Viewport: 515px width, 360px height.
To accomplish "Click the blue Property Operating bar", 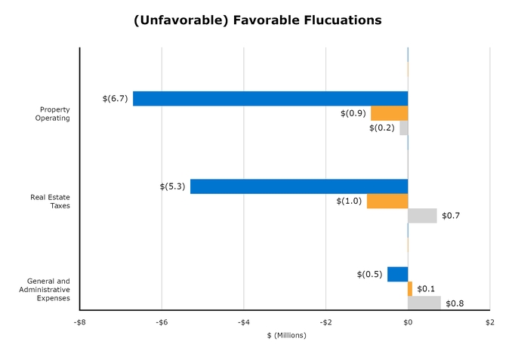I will pyautogui.click(x=270, y=99).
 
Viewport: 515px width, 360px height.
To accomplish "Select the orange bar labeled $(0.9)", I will pyautogui.click(x=390, y=113).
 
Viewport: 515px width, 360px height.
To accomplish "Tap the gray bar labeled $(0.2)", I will pyautogui.click(x=404, y=128).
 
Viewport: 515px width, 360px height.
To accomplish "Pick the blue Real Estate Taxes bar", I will pyautogui.click(x=299, y=186).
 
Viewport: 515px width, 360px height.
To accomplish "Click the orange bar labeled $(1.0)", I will pyautogui.click(x=387, y=201).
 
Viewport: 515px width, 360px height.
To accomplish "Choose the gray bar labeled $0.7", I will pyautogui.click(x=422, y=216).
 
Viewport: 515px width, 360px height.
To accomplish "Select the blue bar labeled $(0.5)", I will pyautogui.click(x=397, y=274).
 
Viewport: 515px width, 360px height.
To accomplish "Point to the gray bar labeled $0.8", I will pyautogui.click(x=424, y=303).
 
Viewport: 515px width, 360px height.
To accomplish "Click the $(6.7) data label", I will pyautogui.click(x=115, y=99).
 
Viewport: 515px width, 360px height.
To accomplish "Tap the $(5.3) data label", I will pyautogui.click(x=172, y=186).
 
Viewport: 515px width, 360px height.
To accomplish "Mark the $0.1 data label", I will pyautogui.click(x=426, y=289).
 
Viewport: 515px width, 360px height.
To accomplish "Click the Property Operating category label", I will pyautogui.click(x=54, y=114).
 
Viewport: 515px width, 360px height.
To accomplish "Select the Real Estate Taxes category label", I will pyautogui.click(x=50, y=202).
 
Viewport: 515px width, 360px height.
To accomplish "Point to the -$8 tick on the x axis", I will pyautogui.click(x=79, y=323).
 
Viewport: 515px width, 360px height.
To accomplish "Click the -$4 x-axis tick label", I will pyautogui.click(x=243, y=323).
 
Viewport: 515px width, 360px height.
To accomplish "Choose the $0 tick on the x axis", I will pyautogui.click(x=408, y=323).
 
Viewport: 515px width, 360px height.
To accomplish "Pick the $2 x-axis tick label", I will pyautogui.click(x=489, y=323).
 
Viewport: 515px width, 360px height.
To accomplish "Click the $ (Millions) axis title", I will pyautogui.click(x=284, y=335).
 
